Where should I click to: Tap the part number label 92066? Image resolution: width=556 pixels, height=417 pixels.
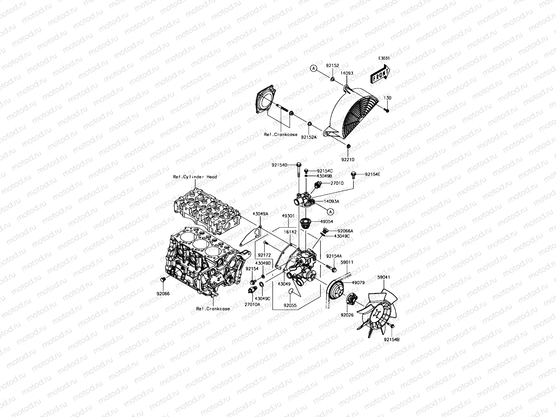point(163,294)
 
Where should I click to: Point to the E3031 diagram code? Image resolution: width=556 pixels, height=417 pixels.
point(384,58)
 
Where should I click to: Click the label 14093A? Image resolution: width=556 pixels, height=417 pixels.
point(332,201)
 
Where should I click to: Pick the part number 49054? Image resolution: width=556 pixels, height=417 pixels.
point(327,221)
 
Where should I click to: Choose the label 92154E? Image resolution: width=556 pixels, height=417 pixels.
point(373,174)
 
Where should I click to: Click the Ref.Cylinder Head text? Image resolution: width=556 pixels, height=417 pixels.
point(195,177)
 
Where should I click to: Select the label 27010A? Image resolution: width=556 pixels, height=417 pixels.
point(252,304)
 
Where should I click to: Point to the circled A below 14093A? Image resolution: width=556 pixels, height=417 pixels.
point(330,211)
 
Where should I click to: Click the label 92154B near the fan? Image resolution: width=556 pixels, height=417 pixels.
point(392,340)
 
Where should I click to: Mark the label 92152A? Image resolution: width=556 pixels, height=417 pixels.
point(309,137)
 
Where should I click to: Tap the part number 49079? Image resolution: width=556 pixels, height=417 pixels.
point(358,283)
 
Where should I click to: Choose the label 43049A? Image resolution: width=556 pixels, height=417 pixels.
point(260,214)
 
